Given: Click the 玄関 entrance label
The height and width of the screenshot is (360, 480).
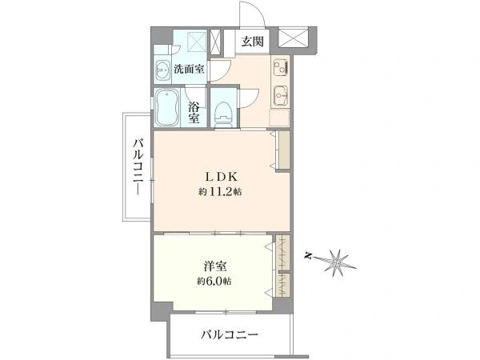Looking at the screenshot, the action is coord(252,41).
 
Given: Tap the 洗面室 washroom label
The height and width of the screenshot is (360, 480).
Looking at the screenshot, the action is coord(189,69).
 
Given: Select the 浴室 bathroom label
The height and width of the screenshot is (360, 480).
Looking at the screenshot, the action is coord(194,112).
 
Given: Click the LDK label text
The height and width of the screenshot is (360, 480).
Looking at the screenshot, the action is coord(222,177).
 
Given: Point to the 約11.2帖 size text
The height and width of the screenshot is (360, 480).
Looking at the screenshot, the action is coord(220,192).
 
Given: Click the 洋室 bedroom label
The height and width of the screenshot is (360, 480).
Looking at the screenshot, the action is coord(215,266).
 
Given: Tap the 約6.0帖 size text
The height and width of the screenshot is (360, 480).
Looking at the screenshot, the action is coord(214,281).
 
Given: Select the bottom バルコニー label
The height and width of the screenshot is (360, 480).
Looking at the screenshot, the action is coord(230,334).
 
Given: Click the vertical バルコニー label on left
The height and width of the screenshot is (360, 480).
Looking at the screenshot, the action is coord(138,167).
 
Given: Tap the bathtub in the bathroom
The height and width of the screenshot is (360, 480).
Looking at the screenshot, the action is coord(166,107).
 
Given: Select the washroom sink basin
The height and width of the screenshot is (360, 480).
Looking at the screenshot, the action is coord(162,70).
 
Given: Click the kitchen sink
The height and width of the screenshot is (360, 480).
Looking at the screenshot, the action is coord(280,95).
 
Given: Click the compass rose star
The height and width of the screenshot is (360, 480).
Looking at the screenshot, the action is coord(338,261).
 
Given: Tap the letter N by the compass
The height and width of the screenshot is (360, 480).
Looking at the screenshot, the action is coord(310,255).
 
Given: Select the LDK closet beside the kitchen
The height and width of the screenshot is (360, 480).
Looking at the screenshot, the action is coord(283,150).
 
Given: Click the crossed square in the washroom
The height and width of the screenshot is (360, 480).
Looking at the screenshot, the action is coord(196,41).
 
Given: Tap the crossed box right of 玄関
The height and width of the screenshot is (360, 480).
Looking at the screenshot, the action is coord(293,38).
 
